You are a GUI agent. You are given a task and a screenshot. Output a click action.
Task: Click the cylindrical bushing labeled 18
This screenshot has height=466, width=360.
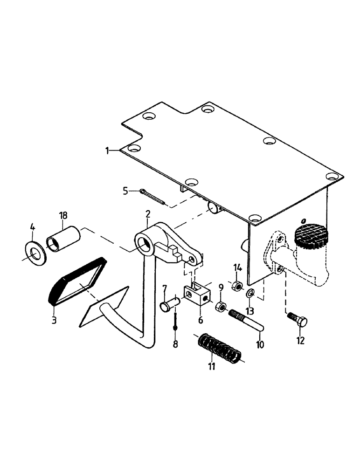pyautogui.click(x=64, y=238)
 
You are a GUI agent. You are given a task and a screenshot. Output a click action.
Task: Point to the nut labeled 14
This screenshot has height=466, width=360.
pyautogui.click(x=237, y=285)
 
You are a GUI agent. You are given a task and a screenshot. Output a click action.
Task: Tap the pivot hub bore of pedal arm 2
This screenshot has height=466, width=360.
pyautogui.click(x=144, y=243)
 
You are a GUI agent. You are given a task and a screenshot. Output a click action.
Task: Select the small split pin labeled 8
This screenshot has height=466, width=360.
pyautogui.click(x=175, y=321)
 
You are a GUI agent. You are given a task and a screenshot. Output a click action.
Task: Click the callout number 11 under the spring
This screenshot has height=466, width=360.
pyautogui.click(x=212, y=366)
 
